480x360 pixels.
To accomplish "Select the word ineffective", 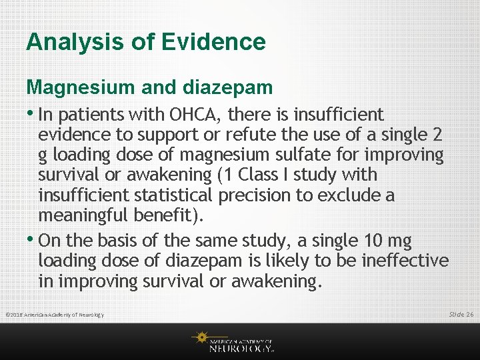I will tap(405, 260).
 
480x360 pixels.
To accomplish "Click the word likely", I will tap(303, 260).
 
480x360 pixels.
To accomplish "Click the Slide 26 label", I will tap(461, 313).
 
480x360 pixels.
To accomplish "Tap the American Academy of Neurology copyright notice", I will tap(54, 314).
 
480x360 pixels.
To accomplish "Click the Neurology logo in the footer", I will tap(233, 341).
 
